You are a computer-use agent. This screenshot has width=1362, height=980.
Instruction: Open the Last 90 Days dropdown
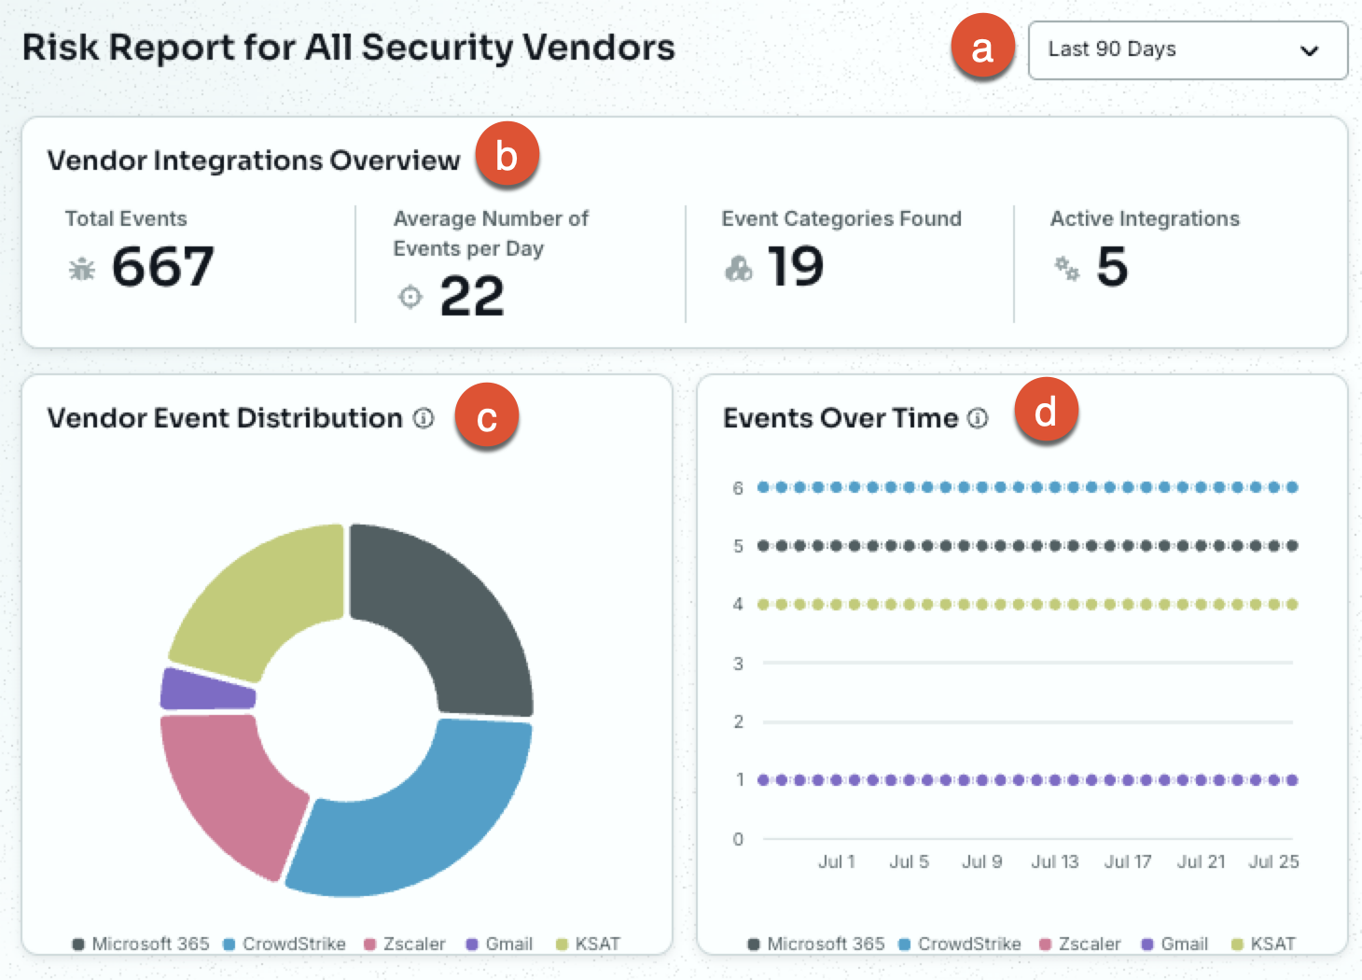[1188, 49]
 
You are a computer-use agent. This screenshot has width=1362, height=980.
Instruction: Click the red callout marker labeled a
[982, 47]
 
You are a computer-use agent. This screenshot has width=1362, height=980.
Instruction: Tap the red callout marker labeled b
[507, 154]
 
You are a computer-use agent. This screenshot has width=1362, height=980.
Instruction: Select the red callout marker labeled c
[486, 415]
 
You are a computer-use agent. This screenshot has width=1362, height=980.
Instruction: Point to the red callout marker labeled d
[1046, 410]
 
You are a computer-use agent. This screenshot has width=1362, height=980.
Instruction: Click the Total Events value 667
[163, 266]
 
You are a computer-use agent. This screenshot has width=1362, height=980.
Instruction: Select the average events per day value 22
[472, 296]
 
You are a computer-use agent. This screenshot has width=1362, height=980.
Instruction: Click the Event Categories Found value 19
[796, 266]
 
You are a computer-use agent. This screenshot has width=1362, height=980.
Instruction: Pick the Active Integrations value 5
[1112, 266]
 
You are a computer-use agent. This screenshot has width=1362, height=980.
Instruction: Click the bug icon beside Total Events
[81, 268]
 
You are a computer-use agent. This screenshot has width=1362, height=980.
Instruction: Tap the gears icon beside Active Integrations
[1066, 268]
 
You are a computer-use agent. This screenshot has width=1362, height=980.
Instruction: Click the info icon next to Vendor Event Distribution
[424, 418]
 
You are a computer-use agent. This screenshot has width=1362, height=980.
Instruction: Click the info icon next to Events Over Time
[978, 418]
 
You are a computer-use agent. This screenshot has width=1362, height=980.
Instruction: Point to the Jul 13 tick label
[1055, 861]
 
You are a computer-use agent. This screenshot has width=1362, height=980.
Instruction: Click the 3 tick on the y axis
[738, 663]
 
